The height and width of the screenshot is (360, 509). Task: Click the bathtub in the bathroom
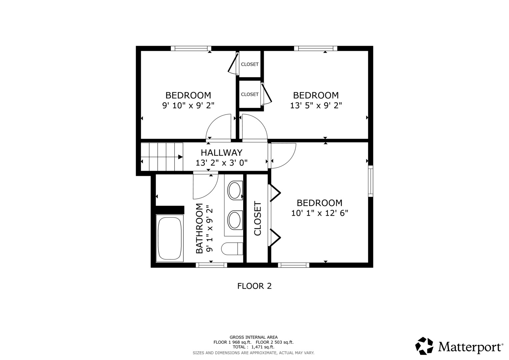pyautogui.click(x=170, y=238)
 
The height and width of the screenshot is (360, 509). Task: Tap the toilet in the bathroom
pyautogui.click(x=232, y=249)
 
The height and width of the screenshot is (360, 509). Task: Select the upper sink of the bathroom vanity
pyautogui.click(x=235, y=190)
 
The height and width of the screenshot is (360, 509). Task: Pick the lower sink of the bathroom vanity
pyautogui.click(x=235, y=220)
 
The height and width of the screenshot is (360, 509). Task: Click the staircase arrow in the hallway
pyautogui.click(x=180, y=157)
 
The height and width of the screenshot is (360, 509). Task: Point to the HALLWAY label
pyautogui.click(x=222, y=153)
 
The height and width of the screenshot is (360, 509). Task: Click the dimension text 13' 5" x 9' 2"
pyautogui.click(x=316, y=105)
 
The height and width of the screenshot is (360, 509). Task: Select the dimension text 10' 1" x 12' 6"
pyautogui.click(x=319, y=213)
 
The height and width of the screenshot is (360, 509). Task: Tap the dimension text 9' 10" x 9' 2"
pyautogui.click(x=188, y=105)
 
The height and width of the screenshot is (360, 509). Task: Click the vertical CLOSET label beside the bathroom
pyautogui.click(x=257, y=218)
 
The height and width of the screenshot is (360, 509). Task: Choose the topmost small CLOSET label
pyautogui.click(x=250, y=64)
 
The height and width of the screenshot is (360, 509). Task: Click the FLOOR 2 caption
pyautogui.click(x=254, y=286)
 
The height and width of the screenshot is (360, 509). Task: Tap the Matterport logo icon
pyautogui.click(x=424, y=346)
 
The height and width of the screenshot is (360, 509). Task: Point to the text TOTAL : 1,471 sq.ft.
pyautogui.click(x=253, y=347)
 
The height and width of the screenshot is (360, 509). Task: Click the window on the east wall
pyautogui.click(x=371, y=181)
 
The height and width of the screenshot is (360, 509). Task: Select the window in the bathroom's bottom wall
pyautogui.click(x=211, y=265)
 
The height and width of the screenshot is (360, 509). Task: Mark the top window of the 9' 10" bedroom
pyautogui.click(x=191, y=48)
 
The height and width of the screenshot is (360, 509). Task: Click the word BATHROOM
pyautogui.click(x=199, y=228)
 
